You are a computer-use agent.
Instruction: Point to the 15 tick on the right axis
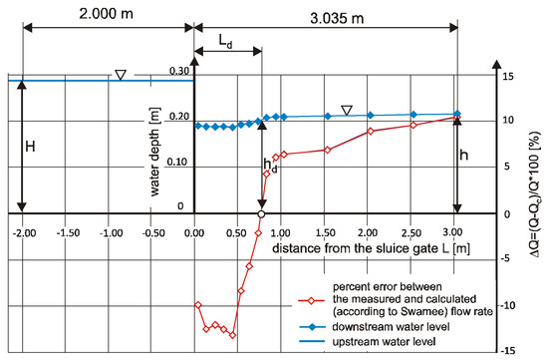tap(507, 77)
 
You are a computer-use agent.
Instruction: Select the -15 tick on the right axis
tap(505, 351)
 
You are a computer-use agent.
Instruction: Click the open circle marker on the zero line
tap(261, 214)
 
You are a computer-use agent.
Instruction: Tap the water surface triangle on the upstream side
tap(120, 74)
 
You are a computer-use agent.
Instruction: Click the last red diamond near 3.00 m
tap(456, 118)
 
